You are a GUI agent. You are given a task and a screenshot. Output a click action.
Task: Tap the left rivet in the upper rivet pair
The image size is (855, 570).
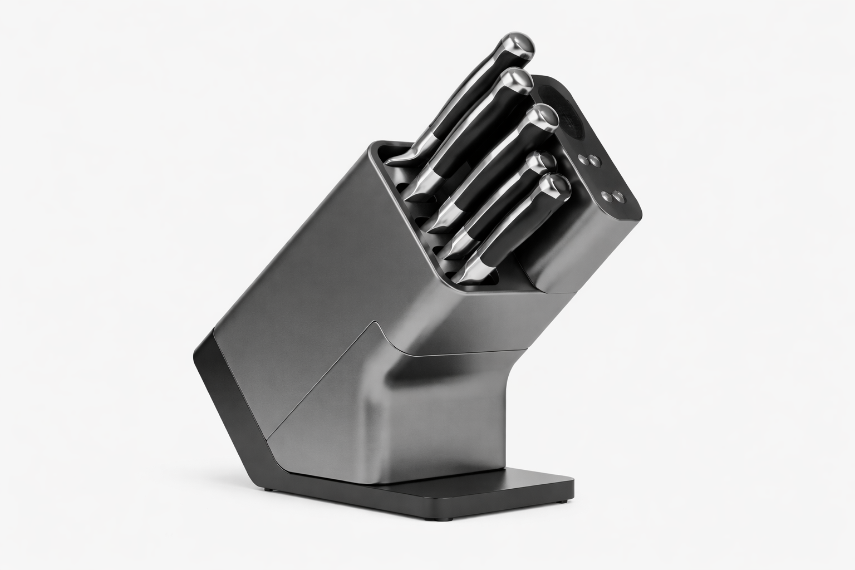coord(583,159)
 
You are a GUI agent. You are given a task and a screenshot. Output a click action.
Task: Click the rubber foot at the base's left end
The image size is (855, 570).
coord(269,489)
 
